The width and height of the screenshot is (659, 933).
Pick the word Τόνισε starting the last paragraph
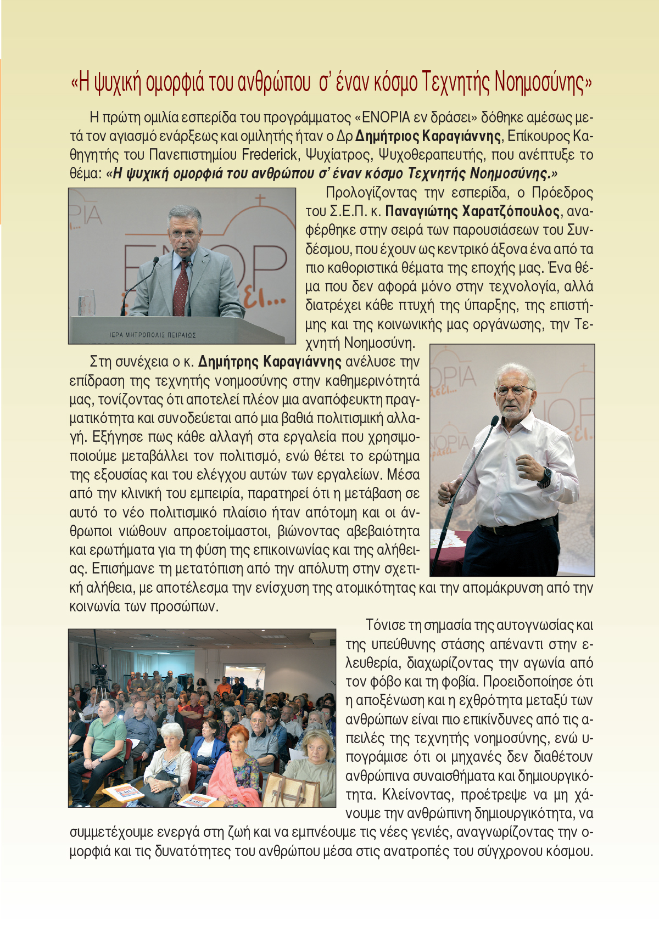(x=385, y=625)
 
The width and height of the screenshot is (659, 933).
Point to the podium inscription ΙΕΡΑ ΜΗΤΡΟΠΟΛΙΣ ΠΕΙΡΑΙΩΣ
(x=153, y=335)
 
